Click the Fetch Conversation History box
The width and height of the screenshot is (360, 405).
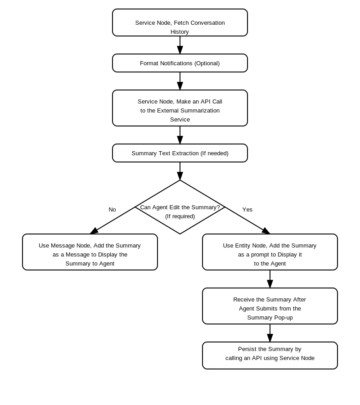coord(180,22)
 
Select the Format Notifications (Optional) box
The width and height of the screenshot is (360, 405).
coord(180,63)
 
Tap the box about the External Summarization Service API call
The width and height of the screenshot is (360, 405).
coord(180,108)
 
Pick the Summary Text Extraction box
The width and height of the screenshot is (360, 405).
coord(180,153)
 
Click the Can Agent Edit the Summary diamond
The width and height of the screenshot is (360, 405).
coord(180,207)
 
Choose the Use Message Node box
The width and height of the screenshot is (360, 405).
coord(90,252)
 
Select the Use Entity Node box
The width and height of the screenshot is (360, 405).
coord(270,252)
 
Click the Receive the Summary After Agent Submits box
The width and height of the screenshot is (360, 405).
coord(270,306)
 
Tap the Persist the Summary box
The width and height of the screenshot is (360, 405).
coord(270,355)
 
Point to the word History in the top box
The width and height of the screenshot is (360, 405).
coord(180,32)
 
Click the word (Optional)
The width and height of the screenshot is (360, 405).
coord(207,63)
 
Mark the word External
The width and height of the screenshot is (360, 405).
coord(168,111)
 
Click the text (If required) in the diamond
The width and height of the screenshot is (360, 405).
coord(180,216)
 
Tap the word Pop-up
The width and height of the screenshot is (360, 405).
coord(283,318)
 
